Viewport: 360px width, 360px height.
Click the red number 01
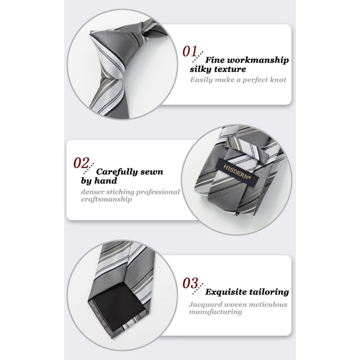190,51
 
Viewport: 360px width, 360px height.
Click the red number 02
81,163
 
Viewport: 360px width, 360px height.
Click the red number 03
190,283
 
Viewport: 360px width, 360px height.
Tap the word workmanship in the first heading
258,60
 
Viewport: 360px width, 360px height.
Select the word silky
200,69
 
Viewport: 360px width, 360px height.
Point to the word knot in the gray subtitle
278,80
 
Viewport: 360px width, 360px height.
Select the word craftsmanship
106,200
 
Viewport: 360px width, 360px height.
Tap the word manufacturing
215,312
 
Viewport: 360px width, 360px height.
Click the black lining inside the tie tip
118,305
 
